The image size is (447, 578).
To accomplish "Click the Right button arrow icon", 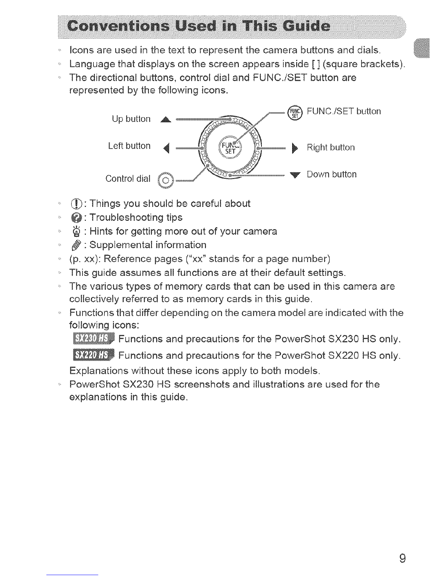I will coord(295,148).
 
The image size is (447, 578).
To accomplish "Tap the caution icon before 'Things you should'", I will coord(77,204).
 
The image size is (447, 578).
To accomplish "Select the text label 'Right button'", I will coord(331,147).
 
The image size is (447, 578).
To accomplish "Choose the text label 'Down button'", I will coord(332,174).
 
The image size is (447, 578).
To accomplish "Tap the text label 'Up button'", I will coord(131,119).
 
